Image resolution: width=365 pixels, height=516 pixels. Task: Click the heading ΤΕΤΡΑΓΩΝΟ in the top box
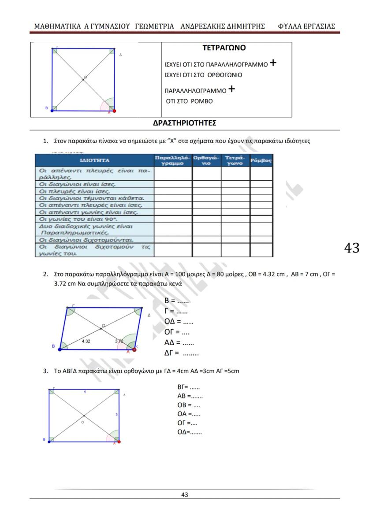click(227, 48)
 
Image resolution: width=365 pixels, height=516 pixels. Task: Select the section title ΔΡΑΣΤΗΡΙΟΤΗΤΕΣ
click(184, 123)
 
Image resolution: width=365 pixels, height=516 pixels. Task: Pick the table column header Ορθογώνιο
click(206, 160)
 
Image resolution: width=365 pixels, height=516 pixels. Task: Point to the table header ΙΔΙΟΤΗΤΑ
click(94, 160)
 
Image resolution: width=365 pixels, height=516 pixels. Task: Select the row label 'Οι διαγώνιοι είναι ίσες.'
click(78, 184)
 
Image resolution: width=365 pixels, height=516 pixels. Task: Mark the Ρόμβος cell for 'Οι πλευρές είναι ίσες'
click(261, 191)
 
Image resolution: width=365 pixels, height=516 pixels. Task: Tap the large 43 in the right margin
click(351, 248)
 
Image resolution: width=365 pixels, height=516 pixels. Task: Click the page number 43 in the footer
click(185, 494)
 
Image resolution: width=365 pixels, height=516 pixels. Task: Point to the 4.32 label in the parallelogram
click(86, 341)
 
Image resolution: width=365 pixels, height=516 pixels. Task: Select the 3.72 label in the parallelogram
click(119, 341)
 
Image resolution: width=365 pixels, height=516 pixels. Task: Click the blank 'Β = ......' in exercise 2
click(176, 301)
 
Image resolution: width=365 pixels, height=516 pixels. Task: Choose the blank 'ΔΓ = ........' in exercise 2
click(181, 353)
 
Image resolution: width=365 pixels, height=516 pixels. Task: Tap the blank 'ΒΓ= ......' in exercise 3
click(188, 387)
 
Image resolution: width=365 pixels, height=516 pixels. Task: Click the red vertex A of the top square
click(114, 111)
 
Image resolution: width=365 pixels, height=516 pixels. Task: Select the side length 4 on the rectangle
click(85, 391)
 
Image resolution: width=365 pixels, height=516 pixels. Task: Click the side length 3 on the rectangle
click(116, 415)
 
